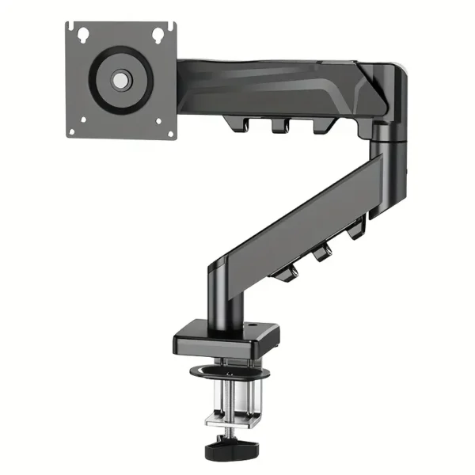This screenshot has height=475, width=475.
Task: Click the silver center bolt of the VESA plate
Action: click(120, 80)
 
